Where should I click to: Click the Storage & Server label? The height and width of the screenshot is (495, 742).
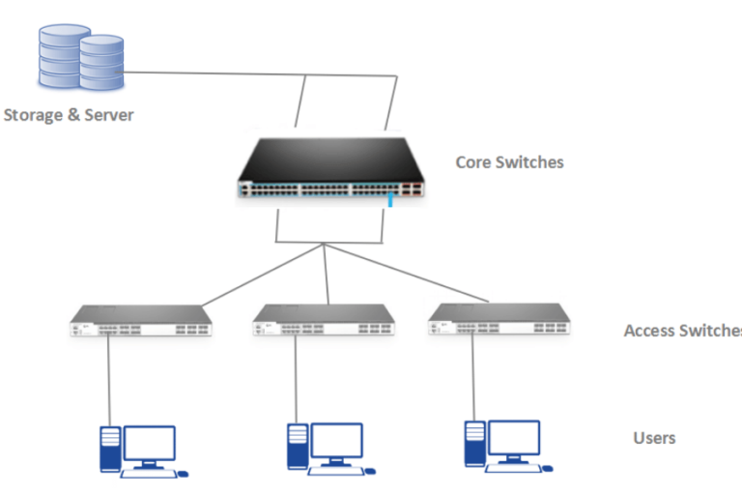click(69, 115)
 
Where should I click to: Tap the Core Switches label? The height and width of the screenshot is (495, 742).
click(509, 161)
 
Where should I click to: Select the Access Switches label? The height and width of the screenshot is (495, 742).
click(682, 331)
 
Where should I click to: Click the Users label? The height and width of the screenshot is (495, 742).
click(654, 438)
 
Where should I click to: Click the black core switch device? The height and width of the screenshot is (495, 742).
click(329, 170)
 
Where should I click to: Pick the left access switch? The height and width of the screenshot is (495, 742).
click(141, 320)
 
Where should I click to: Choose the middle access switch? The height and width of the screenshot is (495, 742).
click(324, 320)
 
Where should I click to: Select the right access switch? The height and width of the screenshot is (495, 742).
click(499, 320)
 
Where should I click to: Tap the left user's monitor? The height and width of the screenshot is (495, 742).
click(151, 445)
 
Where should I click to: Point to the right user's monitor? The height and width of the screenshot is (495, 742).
click(514, 440)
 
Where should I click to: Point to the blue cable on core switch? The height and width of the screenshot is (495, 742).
click(391, 200)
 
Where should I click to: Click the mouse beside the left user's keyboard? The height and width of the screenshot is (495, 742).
click(184, 474)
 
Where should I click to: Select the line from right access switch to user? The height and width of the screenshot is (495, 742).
click(473, 377)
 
